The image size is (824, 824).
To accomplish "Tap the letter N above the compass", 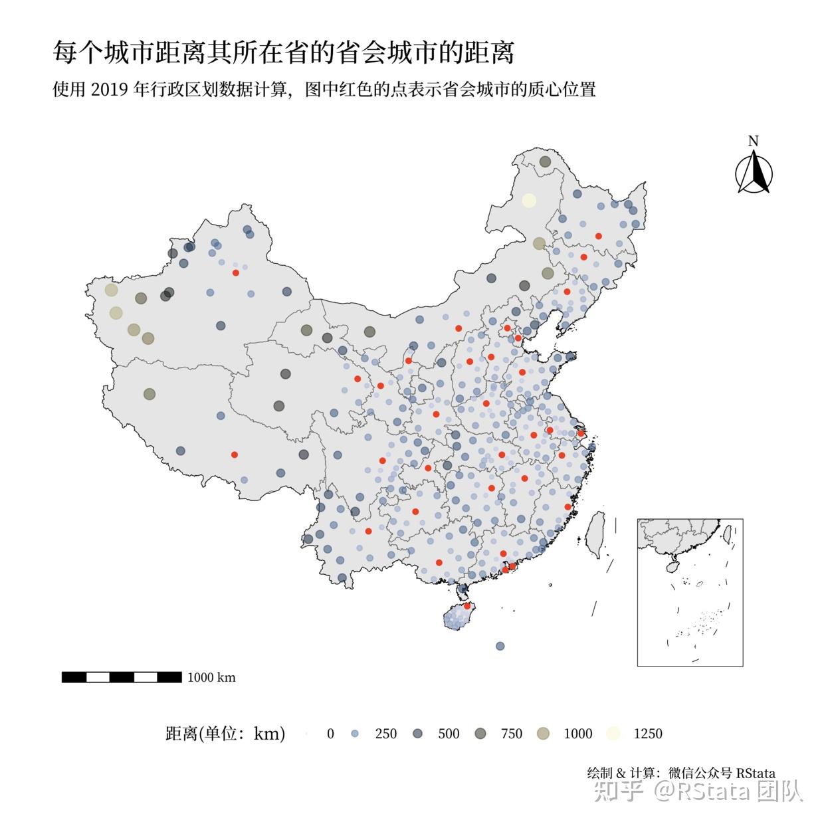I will pyautogui.click(x=753, y=141).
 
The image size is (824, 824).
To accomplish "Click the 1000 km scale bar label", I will pyautogui.click(x=211, y=677).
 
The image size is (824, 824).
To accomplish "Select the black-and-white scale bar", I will pyautogui.click(x=122, y=677).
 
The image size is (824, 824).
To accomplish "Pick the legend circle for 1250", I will pyautogui.click(x=613, y=734).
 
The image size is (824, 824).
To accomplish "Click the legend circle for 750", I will pyautogui.click(x=480, y=734).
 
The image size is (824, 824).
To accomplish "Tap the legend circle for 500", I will pyautogui.click(x=418, y=734).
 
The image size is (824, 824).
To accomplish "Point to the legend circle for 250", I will pyautogui.click(x=354, y=734).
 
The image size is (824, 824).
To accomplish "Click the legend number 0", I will pyautogui.click(x=330, y=734).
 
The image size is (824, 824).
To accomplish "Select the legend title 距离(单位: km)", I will pyautogui.click(x=225, y=734).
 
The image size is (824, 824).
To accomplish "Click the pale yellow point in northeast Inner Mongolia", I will pyautogui.click(x=529, y=200).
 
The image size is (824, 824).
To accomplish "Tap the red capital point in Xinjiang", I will pyautogui.click(x=235, y=272).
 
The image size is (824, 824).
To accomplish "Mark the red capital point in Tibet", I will pyautogui.click(x=234, y=455).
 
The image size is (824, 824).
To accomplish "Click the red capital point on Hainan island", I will pyautogui.click(x=467, y=605).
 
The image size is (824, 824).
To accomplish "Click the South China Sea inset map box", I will pyautogui.click(x=690, y=592).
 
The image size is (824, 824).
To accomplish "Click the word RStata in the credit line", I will pyautogui.click(x=756, y=773).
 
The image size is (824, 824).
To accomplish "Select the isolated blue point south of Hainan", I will pyautogui.click(x=500, y=646).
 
